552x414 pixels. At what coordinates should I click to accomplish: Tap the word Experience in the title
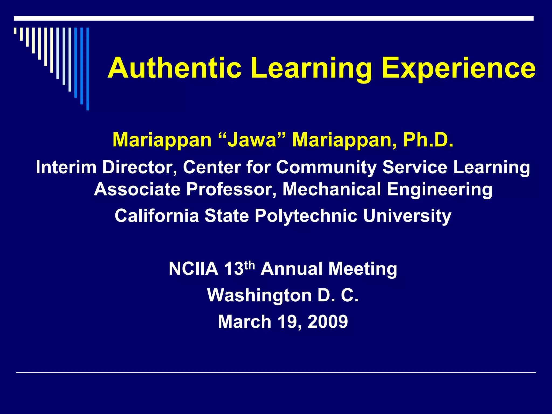coord(458,69)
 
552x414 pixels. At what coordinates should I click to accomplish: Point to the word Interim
coord(66,167)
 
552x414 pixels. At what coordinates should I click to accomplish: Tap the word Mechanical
coord(332,189)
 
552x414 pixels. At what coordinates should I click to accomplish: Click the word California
coord(157,216)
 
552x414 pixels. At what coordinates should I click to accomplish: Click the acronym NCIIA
coord(193,269)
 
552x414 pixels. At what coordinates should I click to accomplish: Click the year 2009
coord(327,322)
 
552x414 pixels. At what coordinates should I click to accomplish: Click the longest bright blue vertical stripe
coord(88,69)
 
